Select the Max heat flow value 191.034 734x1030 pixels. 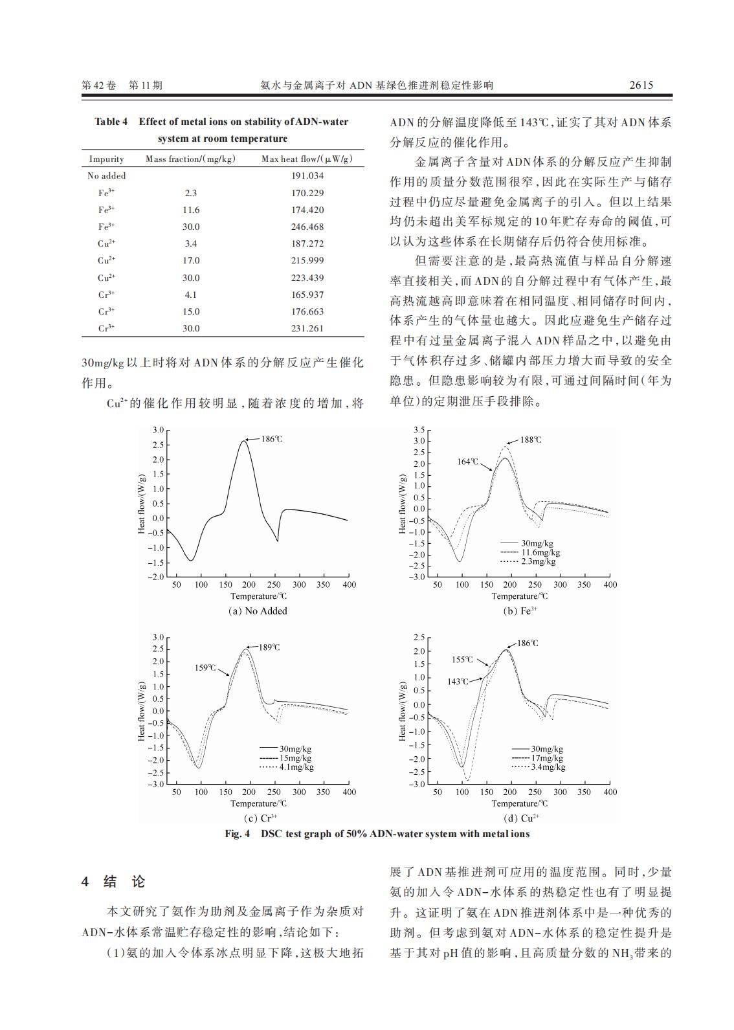click(x=307, y=175)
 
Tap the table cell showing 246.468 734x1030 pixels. click(x=307, y=227)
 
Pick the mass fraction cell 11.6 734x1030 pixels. click(x=191, y=210)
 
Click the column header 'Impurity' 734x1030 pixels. click(x=106, y=159)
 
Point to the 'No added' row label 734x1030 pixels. click(x=106, y=175)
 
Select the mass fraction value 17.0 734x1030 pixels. click(x=191, y=260)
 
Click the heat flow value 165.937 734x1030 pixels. click(x=307, y=295)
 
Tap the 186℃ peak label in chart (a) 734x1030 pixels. click(x=272, y=439)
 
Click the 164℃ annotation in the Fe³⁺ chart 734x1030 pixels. click(x=467, y=462)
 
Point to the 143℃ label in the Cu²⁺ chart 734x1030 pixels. click(x=458, y=682)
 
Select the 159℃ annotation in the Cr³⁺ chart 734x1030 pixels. click(x=205, y=667)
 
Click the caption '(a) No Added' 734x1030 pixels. click(x=258, y=611)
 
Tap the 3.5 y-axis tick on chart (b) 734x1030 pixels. click(x=418, y=430)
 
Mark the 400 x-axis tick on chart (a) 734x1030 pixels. click(x=349, y=585)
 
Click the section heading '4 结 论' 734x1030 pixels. click(x=114, y=882)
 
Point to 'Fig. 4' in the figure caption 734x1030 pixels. click(x=237, y=834)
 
